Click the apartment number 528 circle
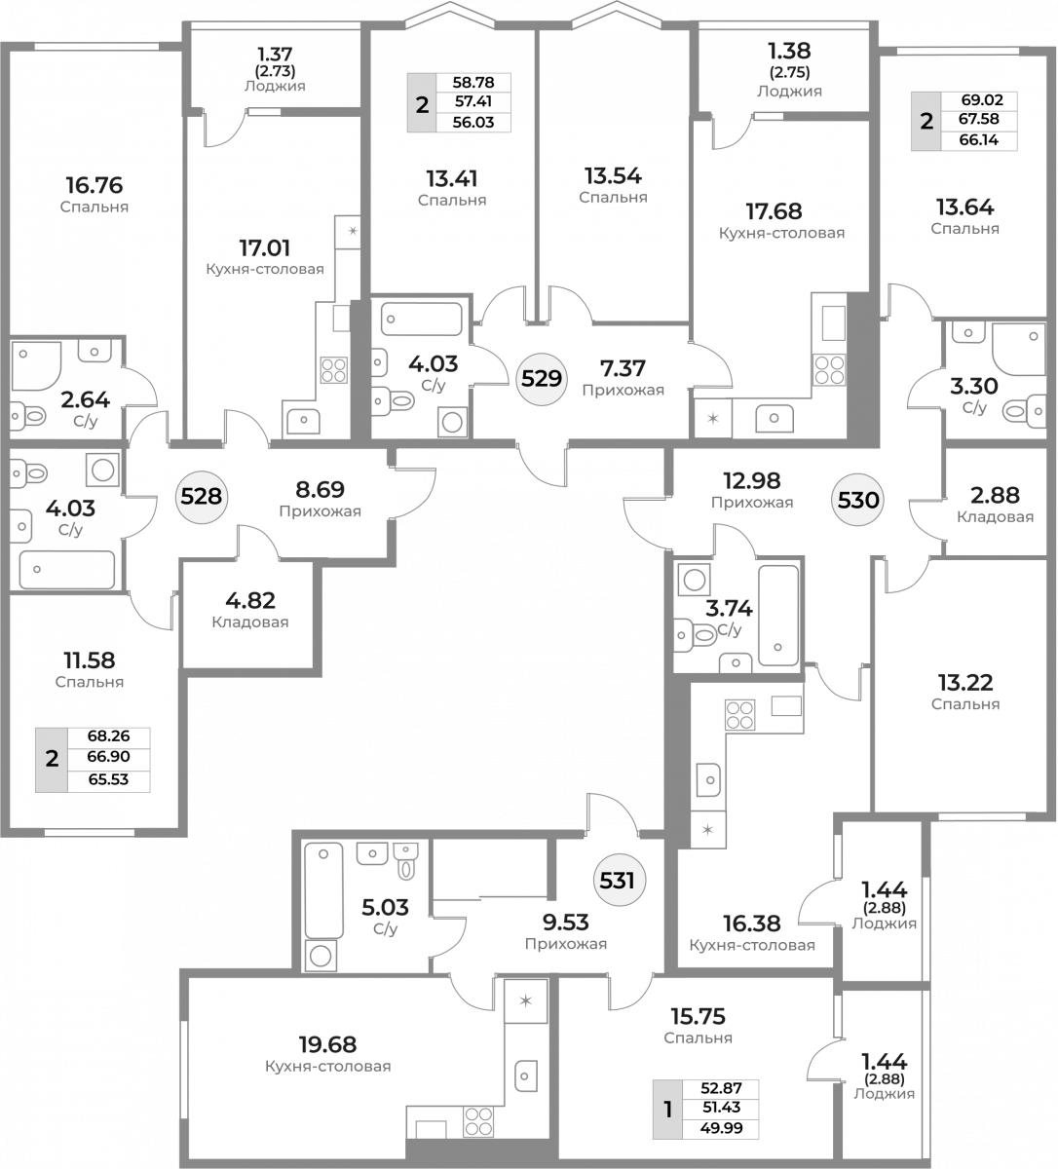[201, 497]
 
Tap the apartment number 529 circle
[542, 379]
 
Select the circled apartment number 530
[858, 500]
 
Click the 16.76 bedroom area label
[94, 186]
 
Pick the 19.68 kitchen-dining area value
[327, 1044]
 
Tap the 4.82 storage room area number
[250, 600]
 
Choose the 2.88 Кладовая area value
[995, 495]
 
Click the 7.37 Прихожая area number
[623, 368]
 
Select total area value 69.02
[982, 100]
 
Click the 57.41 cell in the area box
[472, 101]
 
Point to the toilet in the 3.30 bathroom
[1024, 411]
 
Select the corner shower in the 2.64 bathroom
[36, 366]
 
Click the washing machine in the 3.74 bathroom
[694, 581]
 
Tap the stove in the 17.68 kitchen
[829, 369]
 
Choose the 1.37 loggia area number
[275, 55]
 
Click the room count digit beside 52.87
[668, 1109]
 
